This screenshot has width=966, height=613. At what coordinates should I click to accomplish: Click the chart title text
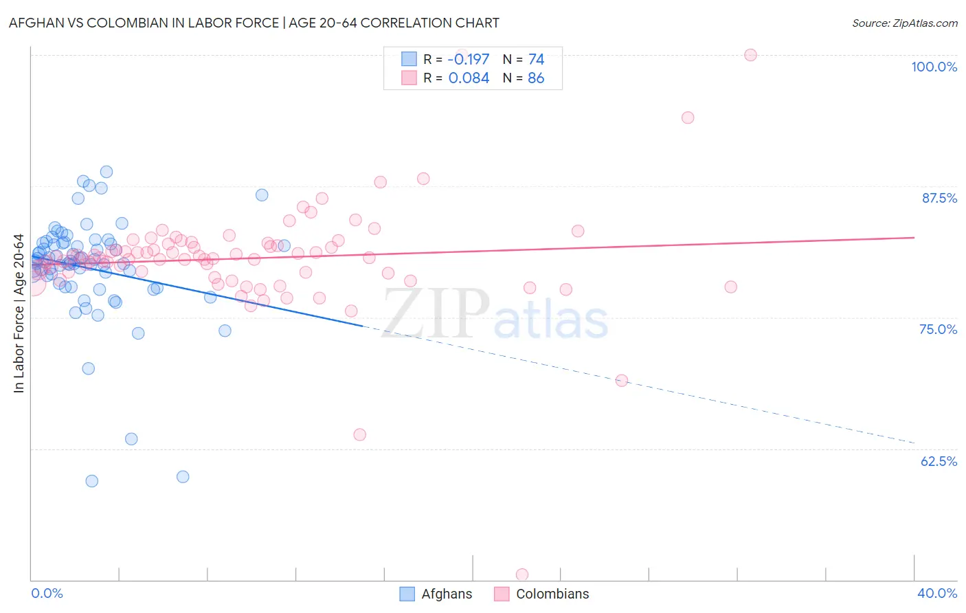coord(254,23)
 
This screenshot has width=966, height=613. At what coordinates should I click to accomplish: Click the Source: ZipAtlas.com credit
coord(904,23)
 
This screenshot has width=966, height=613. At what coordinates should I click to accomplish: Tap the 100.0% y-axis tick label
coord(934,67)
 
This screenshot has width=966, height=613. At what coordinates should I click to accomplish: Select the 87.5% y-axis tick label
coord(939,198)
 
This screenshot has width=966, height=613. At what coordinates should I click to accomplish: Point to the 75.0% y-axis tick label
coord(938,329)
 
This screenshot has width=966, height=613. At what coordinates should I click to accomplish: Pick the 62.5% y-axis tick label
coord(939,461)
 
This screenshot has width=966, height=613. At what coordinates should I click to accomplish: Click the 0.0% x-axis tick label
coord(47,593)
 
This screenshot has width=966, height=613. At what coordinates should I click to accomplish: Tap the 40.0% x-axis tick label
coord(936,593)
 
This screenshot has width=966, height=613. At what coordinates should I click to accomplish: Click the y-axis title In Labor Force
coord(19,313)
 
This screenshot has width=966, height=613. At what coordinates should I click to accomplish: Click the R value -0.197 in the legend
coord(469,60)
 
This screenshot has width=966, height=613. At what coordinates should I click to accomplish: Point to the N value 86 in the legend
coord(536,78)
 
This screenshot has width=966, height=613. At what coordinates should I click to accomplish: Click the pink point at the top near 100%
coord(750,55)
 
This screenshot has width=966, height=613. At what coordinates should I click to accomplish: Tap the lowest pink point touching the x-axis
coord(522,575)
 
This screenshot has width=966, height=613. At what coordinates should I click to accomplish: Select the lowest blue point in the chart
coord(91,481)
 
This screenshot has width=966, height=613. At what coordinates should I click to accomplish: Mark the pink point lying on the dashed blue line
coord(622,381)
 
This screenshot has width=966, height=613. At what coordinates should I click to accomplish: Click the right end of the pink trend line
coord(914,237)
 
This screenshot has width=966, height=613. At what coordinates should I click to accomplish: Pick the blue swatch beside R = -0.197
coord(409,60)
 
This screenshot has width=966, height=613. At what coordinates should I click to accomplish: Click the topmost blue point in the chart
coord(106,172)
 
